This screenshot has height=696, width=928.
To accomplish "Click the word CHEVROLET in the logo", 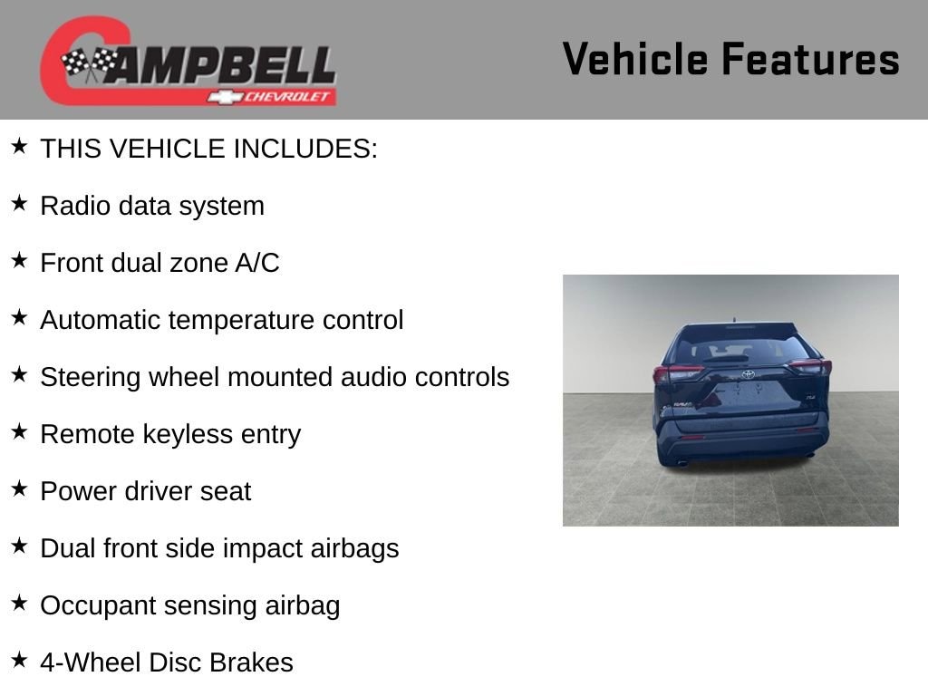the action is point(286,96).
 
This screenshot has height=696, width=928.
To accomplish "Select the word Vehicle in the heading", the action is point(635,59).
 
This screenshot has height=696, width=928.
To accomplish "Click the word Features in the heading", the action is point(810,59).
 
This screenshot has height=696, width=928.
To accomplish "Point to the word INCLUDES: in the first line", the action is point(305,149).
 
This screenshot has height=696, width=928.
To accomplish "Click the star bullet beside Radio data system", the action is point(20,203).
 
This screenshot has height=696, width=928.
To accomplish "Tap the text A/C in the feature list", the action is point(257,263).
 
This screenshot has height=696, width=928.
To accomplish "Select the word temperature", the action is point(245,320).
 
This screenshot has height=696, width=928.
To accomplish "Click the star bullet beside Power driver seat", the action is point(20,488).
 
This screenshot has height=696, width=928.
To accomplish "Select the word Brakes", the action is point(251,662).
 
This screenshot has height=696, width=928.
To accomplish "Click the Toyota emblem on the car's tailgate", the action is point(748,374).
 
